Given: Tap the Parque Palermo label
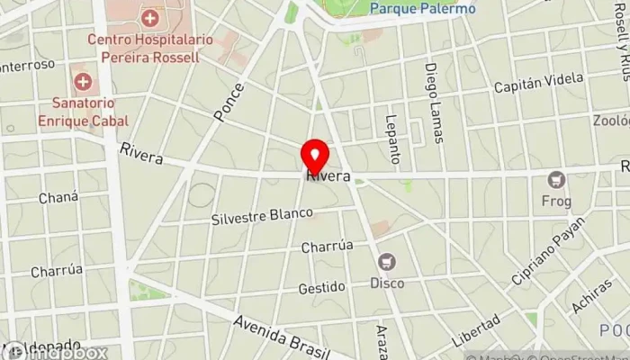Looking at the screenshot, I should click(x=422, y=9).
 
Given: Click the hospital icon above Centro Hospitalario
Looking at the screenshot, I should click(x=150, y=17).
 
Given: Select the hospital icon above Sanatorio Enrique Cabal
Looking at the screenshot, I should click(x=83, y=82).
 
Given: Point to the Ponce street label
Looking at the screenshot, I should click(x=229, y=102).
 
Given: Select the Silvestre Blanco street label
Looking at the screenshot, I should click(x=262, y=216).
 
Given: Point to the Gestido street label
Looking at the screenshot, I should click(x=322, y=287).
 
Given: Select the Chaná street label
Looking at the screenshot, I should click(x=54, y=197).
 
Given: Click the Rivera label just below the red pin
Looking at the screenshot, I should click(x=328, y=175).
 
